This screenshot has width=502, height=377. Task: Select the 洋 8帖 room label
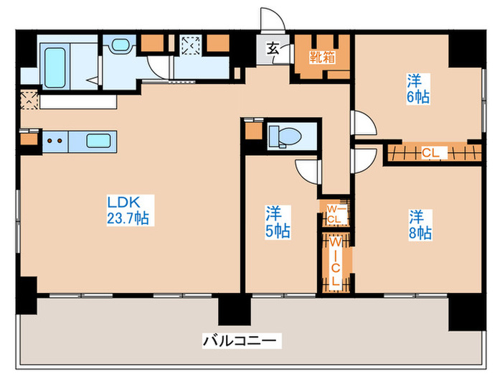[x=420, y=223]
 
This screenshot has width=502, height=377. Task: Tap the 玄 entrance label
[x=274, y=50]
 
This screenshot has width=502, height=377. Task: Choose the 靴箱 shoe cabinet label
[x=321, y=57]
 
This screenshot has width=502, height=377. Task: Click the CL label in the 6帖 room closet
[x=432, y=152]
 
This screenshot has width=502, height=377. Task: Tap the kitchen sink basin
[x=98, y=140]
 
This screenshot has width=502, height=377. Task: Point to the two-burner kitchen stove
[x=55, y=141]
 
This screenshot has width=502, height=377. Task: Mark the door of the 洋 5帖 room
[x=308, y=171]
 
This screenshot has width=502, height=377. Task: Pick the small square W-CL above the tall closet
[x=334, y=213]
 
